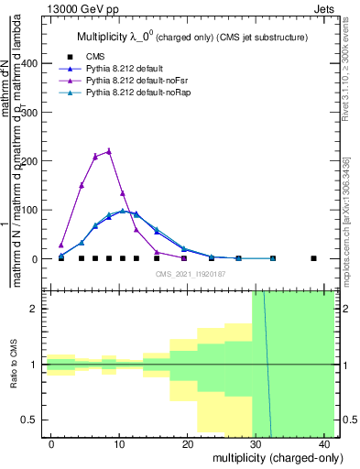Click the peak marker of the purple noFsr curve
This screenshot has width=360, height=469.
click(x=109, y=151)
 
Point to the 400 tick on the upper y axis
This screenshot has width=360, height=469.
click(x=34, y=63)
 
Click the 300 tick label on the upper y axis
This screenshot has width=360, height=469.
click(x=34, y=113)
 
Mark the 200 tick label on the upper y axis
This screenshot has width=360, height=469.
click(x=34, y=161)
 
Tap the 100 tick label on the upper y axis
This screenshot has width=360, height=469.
click(x=34, y=210)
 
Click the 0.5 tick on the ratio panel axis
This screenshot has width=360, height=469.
click(x=36, y=420)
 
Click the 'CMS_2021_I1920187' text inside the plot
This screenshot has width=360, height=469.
click(x=190, y=273)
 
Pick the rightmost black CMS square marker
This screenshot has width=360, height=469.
click(x=314, y=258)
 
